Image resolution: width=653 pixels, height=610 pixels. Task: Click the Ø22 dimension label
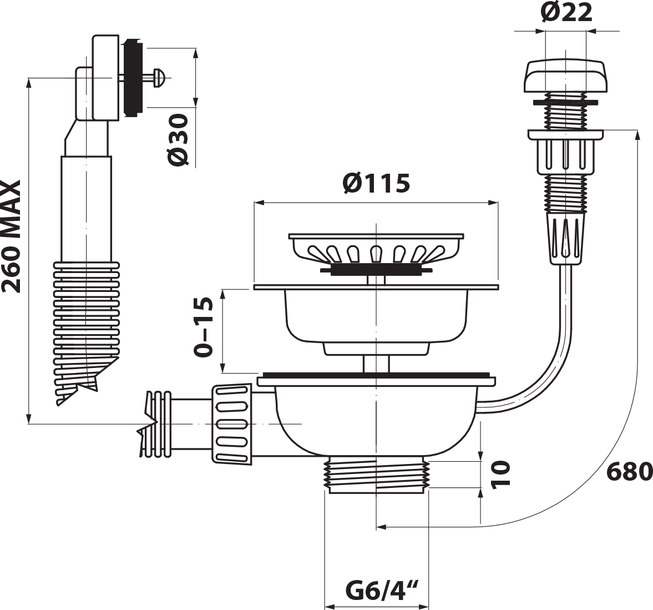click(566, 13)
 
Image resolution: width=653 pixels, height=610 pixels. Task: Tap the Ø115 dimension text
click(376, 183)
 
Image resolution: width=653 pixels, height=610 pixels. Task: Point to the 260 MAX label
click(11, 236)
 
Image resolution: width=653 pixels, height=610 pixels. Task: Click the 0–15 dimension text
click(204, 327)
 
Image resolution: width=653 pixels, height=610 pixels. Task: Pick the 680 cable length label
click(629, 471)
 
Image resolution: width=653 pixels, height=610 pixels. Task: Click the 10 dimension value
click(500, 473)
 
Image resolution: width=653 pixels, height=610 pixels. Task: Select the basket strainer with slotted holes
click(376, 250)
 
